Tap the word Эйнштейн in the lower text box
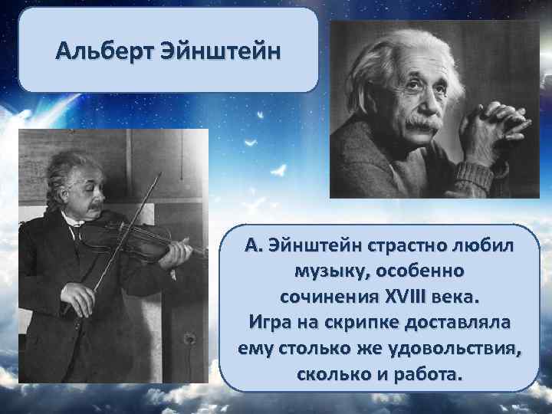309,247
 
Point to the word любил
488,247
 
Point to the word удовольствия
457,349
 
